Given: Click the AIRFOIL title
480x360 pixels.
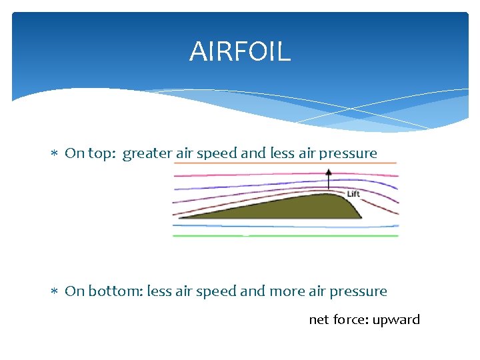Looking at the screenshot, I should [240, 51].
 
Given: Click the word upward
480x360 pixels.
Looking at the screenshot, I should [396, 320].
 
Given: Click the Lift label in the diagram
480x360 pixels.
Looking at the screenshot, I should [353, 194].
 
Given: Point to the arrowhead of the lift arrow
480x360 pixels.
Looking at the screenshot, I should [328, 171].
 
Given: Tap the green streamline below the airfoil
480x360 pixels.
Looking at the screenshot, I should [287, 235].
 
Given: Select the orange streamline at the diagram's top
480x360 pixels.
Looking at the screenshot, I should [287, 162].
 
